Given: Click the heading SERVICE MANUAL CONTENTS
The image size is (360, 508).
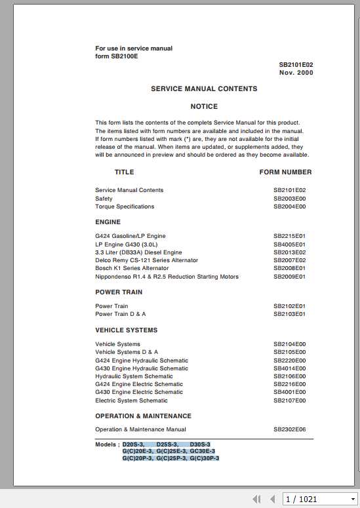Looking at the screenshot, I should pyautogui.click(x=204, y=88).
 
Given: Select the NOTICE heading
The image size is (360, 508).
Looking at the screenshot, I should pyautogui.click(x=204, y=106).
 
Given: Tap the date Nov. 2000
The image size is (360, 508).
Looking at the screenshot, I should pyautogui.click(x=296, y=73).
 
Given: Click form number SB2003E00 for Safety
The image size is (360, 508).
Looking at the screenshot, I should pyautogui.click(x=289, y=199).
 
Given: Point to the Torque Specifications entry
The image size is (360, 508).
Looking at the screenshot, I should pyautogui.click(x=125, y=206).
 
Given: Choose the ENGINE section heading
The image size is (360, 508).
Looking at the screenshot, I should pyautogui.click(x=108, y=222).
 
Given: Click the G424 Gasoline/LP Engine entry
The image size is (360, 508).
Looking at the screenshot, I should pyautogui.click(x=130, y=236).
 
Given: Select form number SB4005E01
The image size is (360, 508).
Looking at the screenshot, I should pyautogui.click(x=289, y=244).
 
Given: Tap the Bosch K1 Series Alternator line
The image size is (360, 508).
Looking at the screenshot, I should pyautogui.click(x=132, y=268).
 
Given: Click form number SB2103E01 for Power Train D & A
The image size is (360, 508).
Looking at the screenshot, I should pyautogui.click(x=289, y=315).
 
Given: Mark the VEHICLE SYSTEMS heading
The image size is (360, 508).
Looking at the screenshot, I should pyautogui.click(x=126, y=330).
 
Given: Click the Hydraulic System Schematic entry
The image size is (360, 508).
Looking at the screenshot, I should pyautogui.click(x=134, y=376).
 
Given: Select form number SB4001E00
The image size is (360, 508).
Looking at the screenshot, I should pyautogui.click(x=289, y=393).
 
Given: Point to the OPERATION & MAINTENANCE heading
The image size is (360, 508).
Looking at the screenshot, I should pyautogui.click(x=143, y=416).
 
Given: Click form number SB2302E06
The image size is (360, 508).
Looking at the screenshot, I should pyautogui.click(x=289, y=430).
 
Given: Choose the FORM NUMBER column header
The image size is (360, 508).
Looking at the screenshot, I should pyautogui.click(x=285, y=172).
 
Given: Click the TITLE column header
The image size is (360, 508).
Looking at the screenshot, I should pyautogui.click(x=124, y=172).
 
